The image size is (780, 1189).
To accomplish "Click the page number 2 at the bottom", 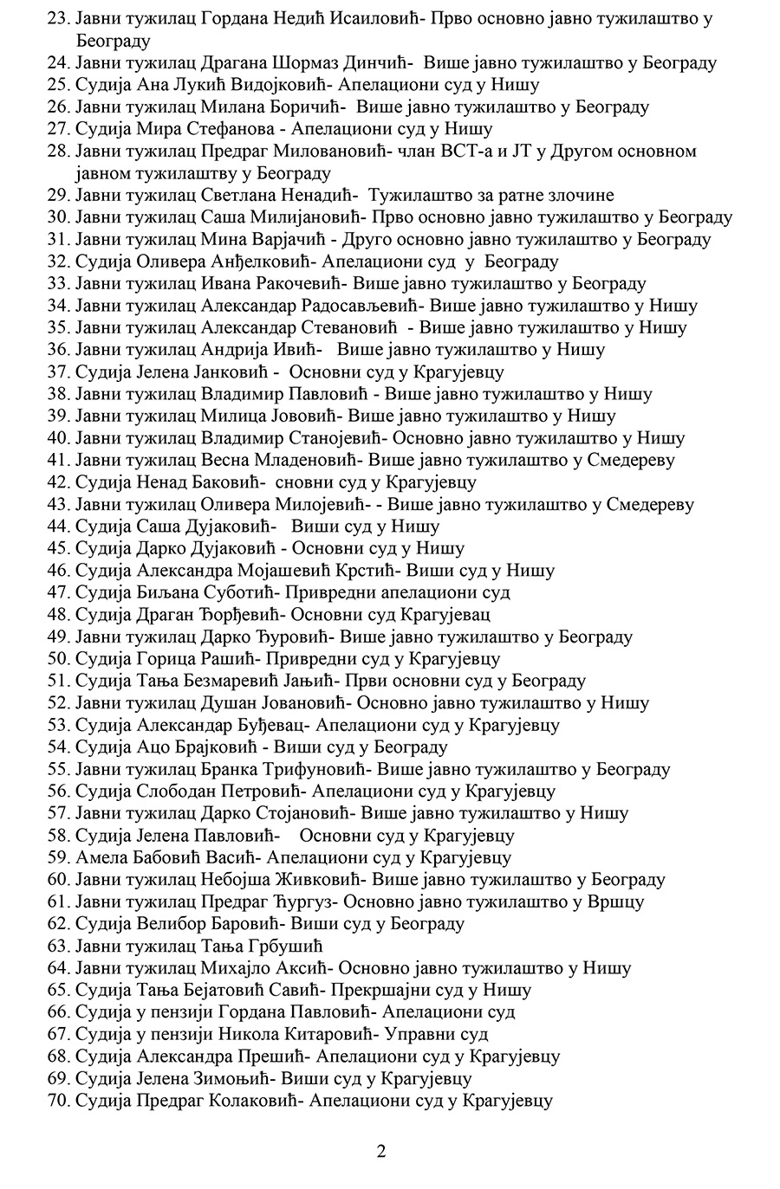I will [x=381, y=1151].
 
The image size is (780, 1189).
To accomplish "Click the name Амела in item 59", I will [x=100, y=858].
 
